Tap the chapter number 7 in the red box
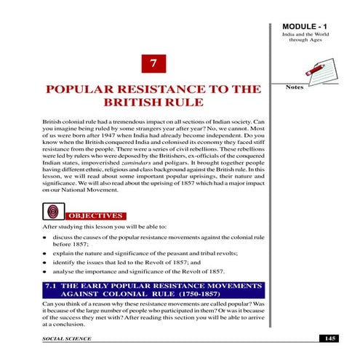pyautogui.click(x=153, y=64)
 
